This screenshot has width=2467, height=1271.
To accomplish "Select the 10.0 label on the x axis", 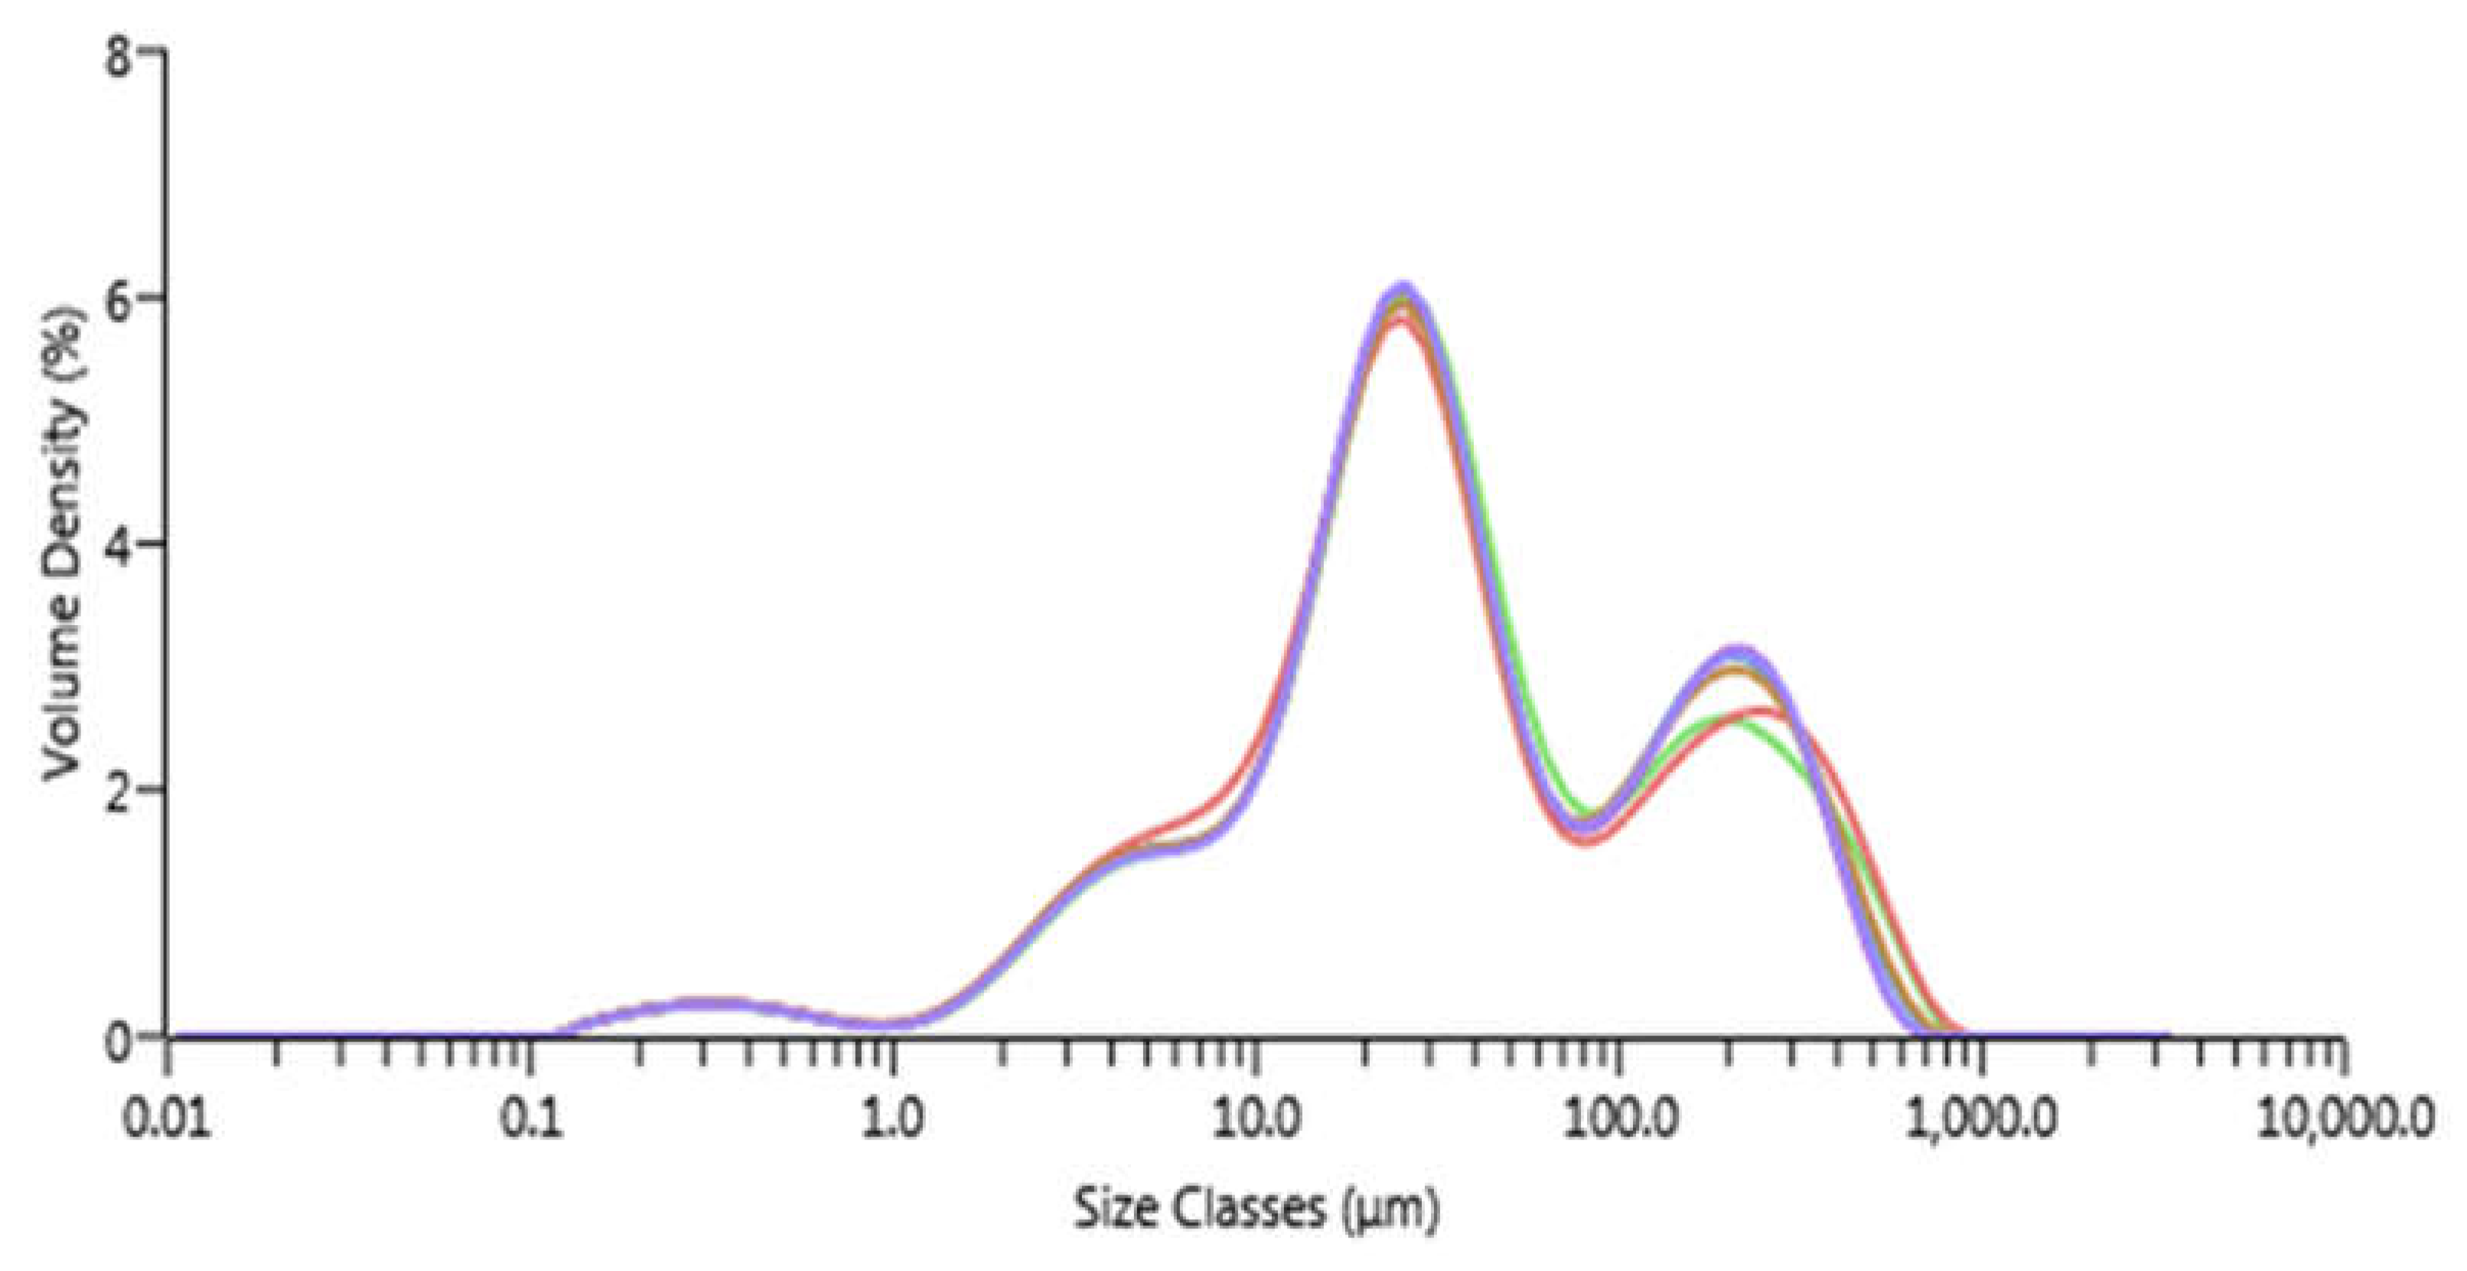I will pos(1256,1118).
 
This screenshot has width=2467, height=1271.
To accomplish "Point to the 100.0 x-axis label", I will pos(1618,1118).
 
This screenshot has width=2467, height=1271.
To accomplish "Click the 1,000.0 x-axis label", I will pos(1980,1118).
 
